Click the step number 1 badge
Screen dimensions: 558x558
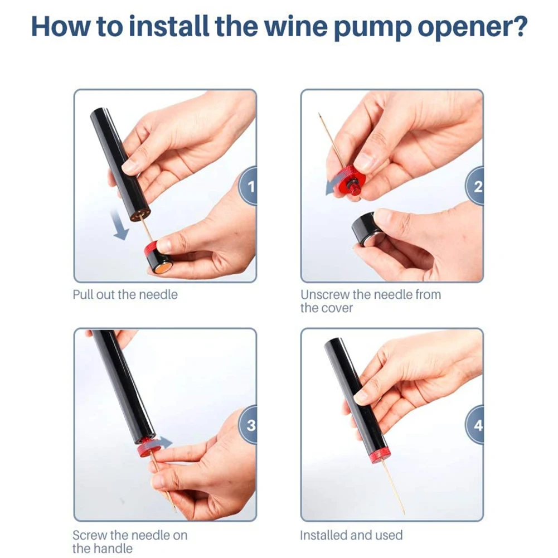249,186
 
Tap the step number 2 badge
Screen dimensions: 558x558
475,186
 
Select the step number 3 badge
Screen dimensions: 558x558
249,425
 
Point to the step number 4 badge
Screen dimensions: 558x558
475,425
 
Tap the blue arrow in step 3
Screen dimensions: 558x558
163,443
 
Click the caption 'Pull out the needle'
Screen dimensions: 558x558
125,295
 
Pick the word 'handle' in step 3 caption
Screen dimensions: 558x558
113,549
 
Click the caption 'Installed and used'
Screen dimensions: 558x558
351,535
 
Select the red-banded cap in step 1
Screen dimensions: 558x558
158,258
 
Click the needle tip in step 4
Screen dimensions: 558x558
405,514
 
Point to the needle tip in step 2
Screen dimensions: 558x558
319,114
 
